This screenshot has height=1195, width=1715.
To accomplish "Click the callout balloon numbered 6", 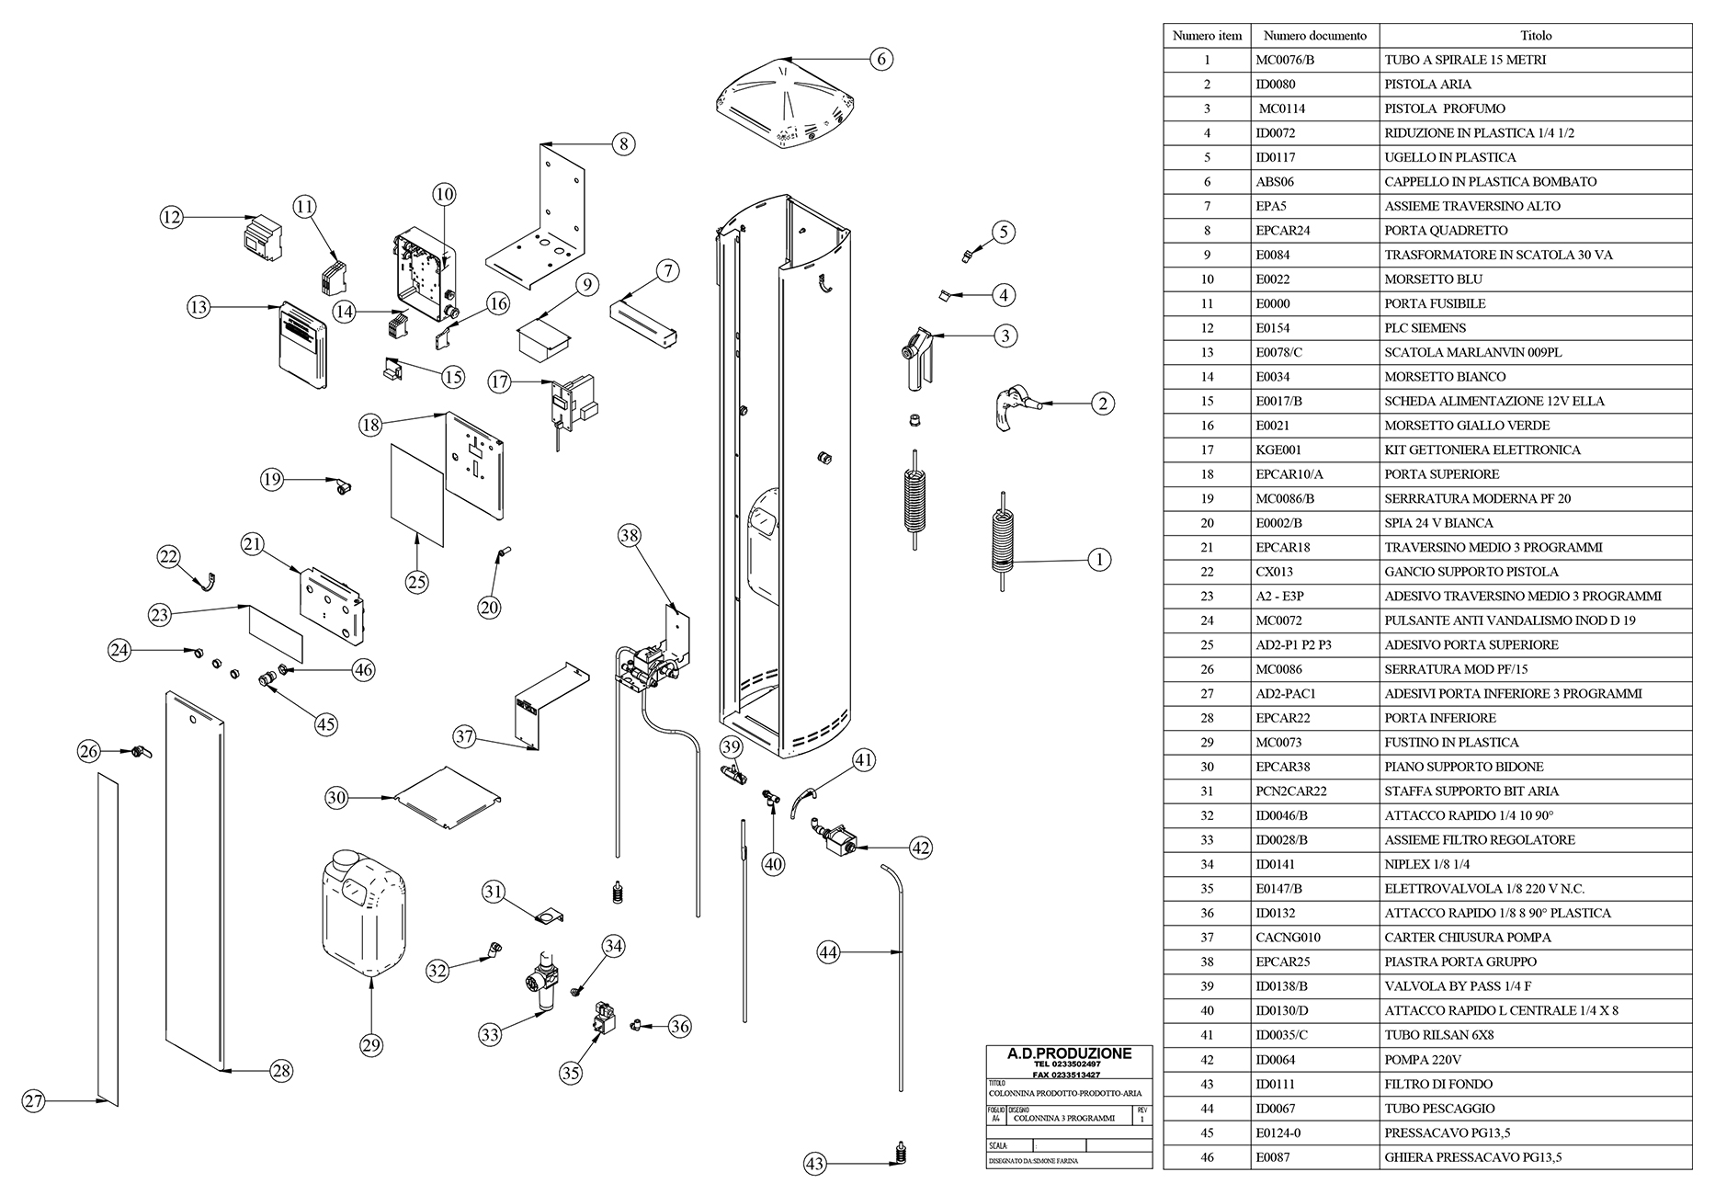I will [x=880, y=59].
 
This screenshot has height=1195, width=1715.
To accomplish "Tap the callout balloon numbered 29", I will [x=370, y=1045].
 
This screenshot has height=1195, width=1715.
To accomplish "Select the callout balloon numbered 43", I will [x=814, y=1164].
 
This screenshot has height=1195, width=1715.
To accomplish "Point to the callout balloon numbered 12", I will [x=171, y=218].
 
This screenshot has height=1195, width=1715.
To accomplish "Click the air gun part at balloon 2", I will [x=1012, y=404].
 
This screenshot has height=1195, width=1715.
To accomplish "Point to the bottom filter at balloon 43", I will [x=901, y=1152].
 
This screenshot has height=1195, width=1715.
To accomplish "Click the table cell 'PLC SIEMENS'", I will [x=1425, y=328].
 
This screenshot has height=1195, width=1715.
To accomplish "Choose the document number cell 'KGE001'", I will [x=1278, y=450].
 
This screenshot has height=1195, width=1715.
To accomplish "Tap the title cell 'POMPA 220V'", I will [x=1423, y=1060].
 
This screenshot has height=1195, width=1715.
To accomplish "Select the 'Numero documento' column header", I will [x=1314, y=36].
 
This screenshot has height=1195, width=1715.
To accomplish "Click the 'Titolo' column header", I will [x=1535, y=36].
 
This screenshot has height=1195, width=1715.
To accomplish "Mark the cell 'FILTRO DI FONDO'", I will [x=1438, y=1085].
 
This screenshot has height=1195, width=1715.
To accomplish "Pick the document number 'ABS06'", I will [x=1275, y=182].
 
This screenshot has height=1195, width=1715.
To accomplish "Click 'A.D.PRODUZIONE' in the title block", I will [x=1069, y=1053].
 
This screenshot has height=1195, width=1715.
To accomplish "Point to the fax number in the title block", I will [x=1067, y=1075].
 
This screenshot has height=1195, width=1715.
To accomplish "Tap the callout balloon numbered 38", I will [x=630, y=536].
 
